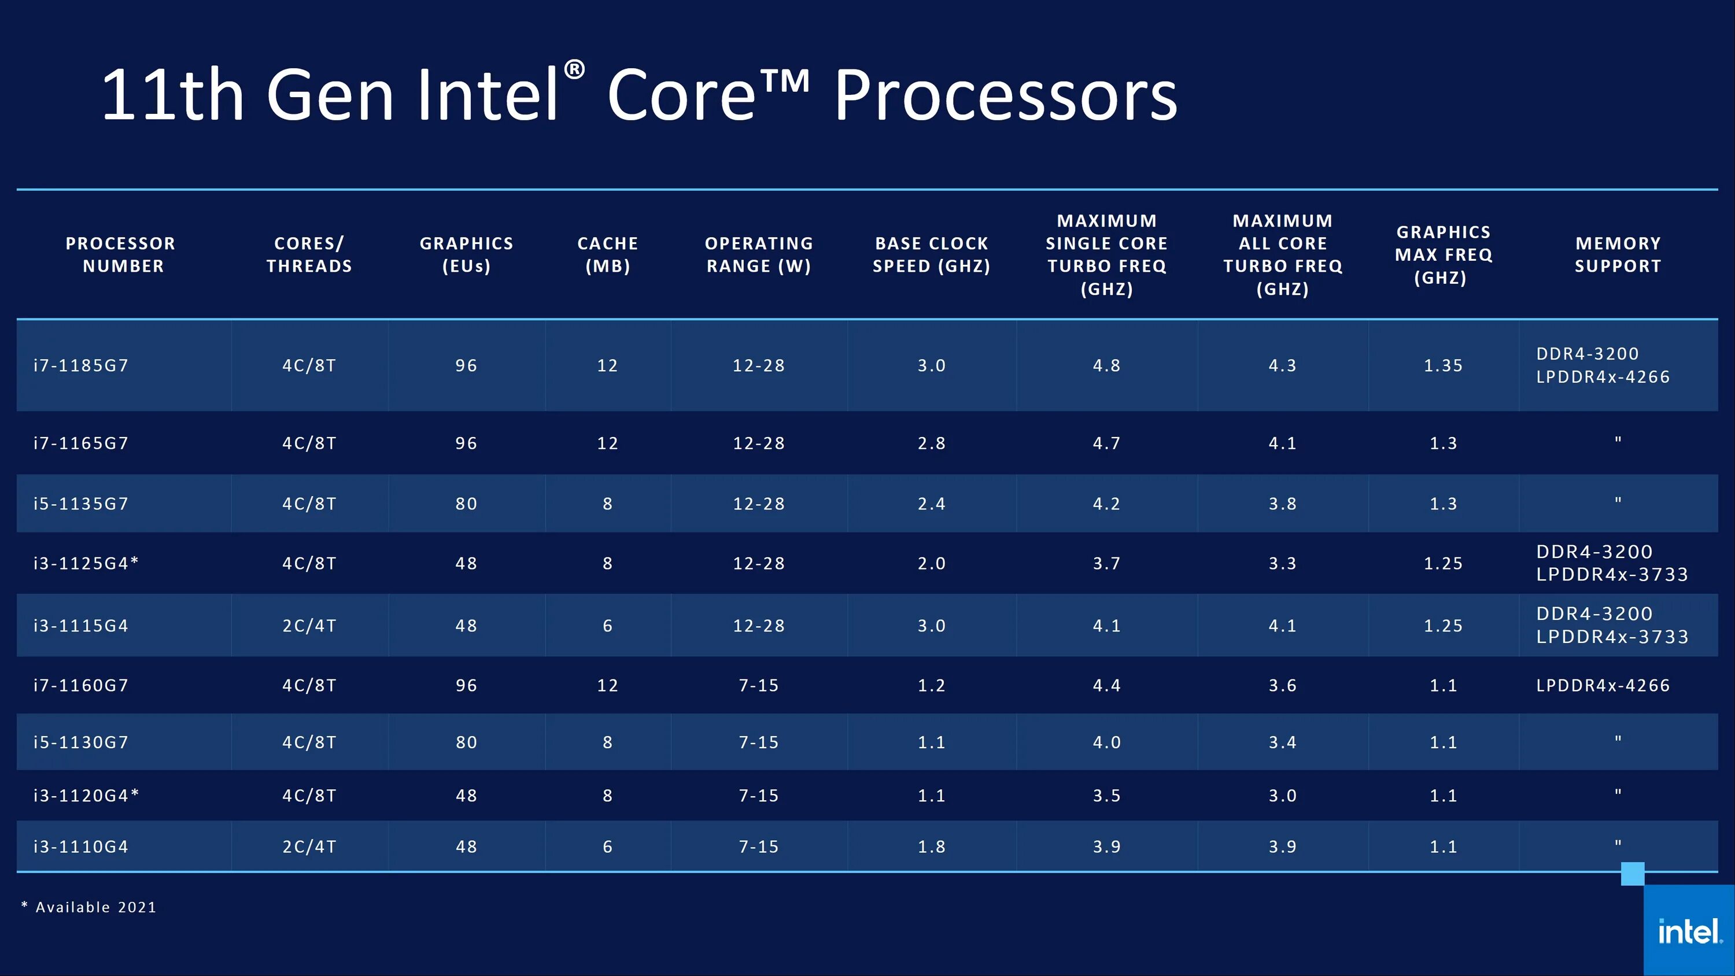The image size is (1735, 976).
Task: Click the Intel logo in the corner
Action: pos(1689,931)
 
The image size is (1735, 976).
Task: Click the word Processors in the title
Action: pos(1006,95)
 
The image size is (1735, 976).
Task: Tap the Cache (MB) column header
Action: pos(607,254)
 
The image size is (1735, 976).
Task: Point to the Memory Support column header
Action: pos(1618,254)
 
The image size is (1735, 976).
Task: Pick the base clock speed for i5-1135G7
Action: pos(932,504)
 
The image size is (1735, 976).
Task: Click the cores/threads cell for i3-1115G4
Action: pos(309,626)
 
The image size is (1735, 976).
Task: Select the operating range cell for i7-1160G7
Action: pos(759,686)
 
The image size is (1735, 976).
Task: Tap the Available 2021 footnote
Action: pos(90,907)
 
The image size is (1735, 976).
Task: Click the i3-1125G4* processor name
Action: pos(86,564)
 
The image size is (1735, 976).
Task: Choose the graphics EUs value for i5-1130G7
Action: pos(466,742)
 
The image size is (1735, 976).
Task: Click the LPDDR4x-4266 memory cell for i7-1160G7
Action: pos(1603,686)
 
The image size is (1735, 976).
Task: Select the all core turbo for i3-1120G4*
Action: pos(1282,796)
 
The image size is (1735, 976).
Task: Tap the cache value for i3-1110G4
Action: pos(607,846)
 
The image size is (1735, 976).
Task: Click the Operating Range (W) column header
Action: pos(759,254)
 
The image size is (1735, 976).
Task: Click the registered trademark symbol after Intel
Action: pos(574,69)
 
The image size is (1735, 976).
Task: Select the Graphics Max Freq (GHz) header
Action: pos(1444,254)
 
